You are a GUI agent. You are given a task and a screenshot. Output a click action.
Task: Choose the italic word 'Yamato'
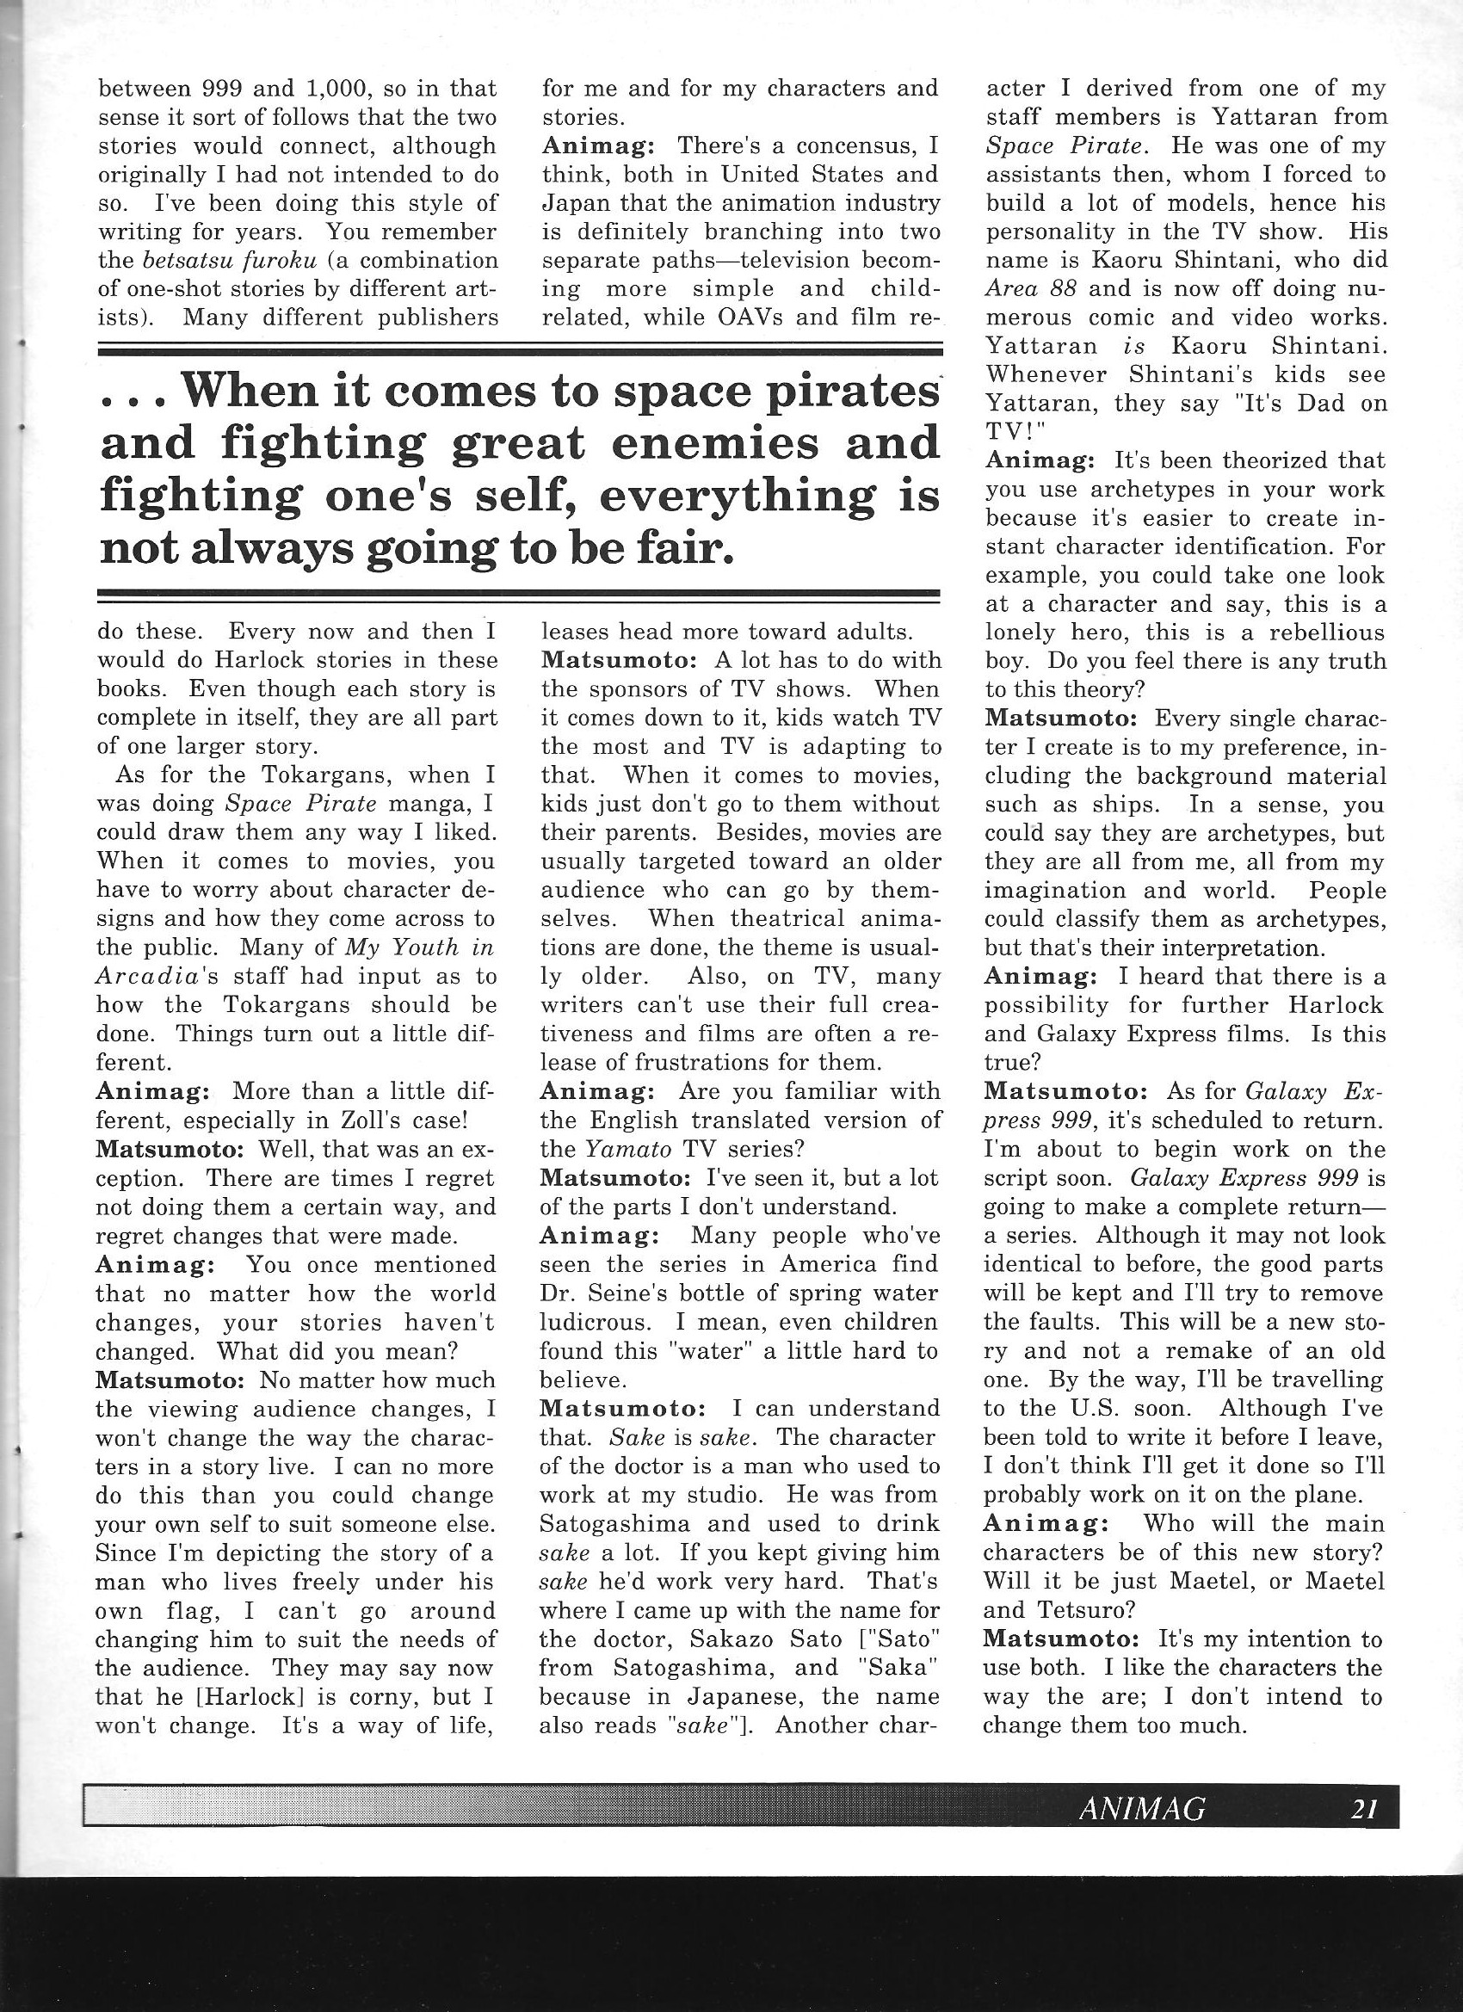coord(626,1149)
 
